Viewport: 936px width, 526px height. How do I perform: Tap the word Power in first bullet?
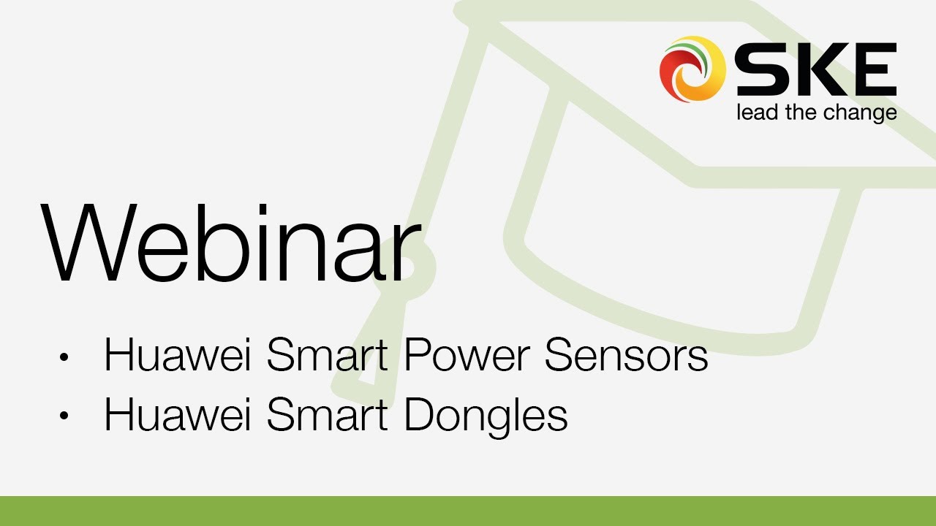click(469, 356)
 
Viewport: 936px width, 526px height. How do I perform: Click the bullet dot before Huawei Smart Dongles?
click(64, 416)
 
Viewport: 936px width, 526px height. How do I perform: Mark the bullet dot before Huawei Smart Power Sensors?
click(64, 357)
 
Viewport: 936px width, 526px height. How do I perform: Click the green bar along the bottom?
click(468, 511)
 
